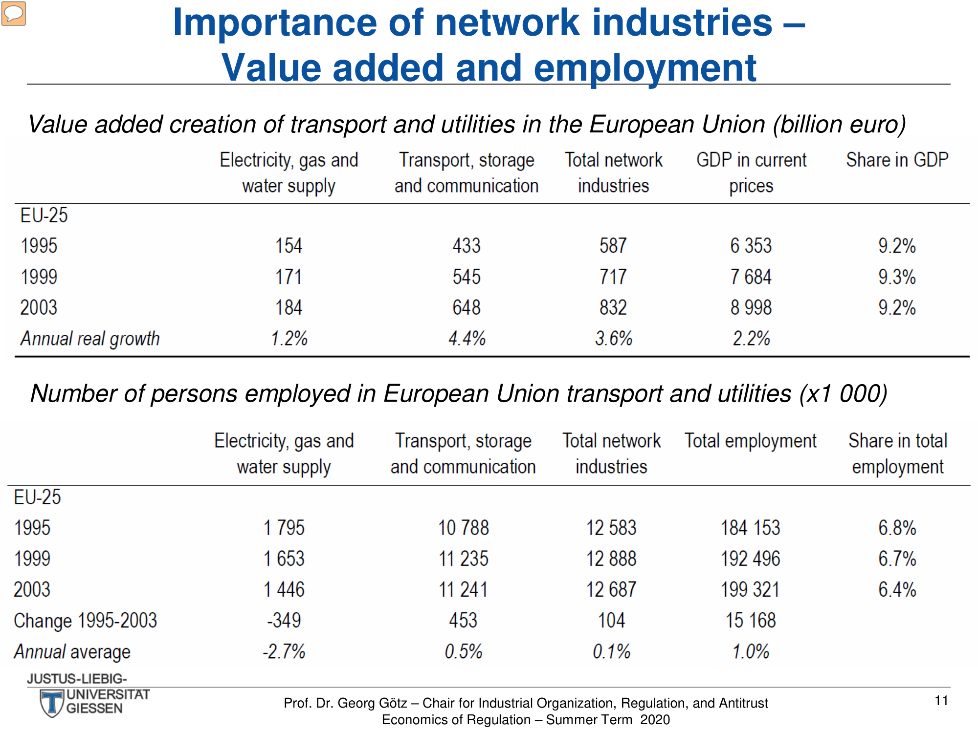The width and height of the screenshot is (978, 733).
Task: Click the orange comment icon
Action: pos(14,13)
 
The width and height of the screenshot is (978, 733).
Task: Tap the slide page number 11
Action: pos(941,701)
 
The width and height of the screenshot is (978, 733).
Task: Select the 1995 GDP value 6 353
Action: pos(751,245)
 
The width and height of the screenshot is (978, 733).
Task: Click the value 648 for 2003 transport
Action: pos(467,307)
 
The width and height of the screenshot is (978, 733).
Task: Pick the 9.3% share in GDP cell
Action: pos(897,277)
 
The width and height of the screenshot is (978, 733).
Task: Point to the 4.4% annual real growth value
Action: pos(467,338)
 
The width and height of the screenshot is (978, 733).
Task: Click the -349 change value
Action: pos(284,620)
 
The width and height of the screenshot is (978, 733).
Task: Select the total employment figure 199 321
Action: pos(750,589)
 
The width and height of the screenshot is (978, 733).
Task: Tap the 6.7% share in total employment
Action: pos(897,559)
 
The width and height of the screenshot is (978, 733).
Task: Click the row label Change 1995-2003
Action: pos(86,621)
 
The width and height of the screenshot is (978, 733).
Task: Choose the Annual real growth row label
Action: pos(90,339)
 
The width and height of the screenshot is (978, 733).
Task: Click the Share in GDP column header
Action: pos(897,160)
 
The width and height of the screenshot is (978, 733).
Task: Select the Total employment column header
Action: pos(750,441)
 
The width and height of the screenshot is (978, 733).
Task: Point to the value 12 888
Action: pos(611,559)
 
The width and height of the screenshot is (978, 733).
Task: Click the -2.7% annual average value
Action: pos(284,651)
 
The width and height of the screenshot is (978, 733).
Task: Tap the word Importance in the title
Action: pos(275,23)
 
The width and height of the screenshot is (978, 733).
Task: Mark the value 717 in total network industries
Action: pos(613,277)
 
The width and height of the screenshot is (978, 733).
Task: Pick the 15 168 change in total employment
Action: pos(751,620)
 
